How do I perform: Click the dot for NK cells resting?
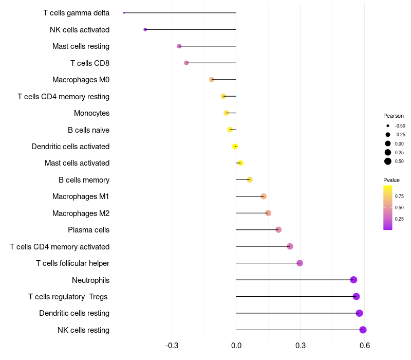[363, 330]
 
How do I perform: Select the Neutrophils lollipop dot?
[353, 280]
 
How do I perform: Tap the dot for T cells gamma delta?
[124, 13]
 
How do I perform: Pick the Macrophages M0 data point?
[212, 80]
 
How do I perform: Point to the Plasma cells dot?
[278, 229]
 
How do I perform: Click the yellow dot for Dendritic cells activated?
[235, 146]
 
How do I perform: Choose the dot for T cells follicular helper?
[300, 263]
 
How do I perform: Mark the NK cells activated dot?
[145, 29]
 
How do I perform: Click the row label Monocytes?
[91, 113]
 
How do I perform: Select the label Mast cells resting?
[81, 46]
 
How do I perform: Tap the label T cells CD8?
[89, 63]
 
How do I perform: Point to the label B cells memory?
[84, 180]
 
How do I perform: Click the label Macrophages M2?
[81, 213]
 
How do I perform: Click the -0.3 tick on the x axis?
[172, 345]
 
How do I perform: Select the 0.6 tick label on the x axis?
[365, 345]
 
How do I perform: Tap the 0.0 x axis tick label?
[236, 345]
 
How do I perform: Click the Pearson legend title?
[394, 116]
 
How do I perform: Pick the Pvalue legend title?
[391, 180]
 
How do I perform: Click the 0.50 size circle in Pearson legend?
[388, 161]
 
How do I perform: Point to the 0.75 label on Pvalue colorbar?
[399, 196]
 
